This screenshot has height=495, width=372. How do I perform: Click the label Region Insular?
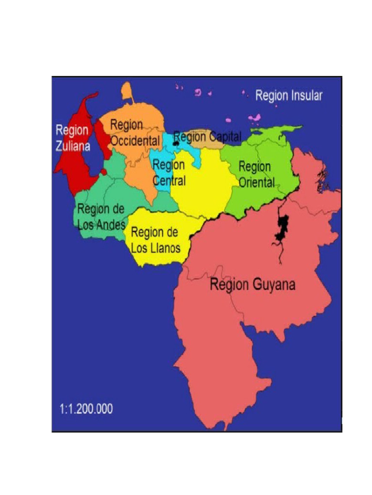(288, 96)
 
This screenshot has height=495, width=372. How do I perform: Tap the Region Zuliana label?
(72, 138)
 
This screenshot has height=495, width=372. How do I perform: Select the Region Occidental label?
(135, 133)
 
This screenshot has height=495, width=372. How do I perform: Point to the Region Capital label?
(207, 137)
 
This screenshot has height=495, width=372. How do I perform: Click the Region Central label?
(169, 173)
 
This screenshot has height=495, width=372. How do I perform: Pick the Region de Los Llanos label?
(155, 240)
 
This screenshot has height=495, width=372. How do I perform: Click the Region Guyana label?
(252, 284)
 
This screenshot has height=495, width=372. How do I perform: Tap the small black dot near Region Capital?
(176, 144)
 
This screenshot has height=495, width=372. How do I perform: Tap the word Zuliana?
(73, 146)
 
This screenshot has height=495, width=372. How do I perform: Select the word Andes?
(111, 225)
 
